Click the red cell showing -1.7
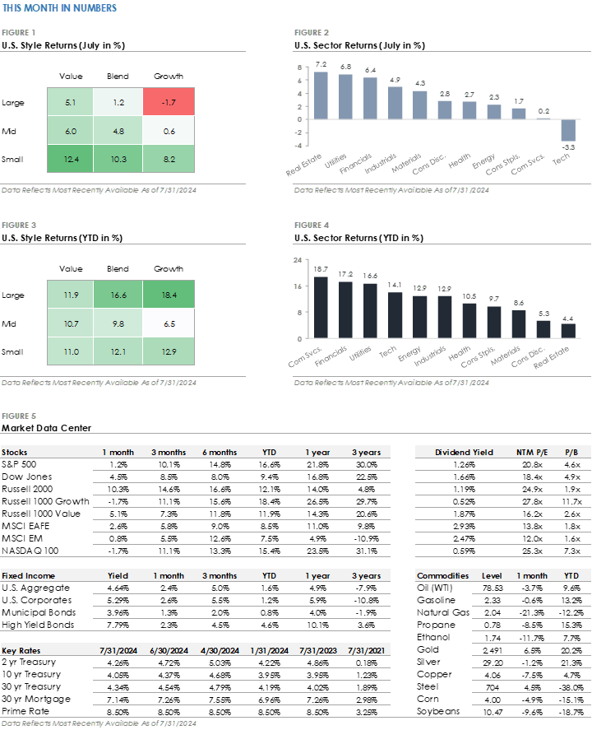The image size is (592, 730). pos(169,103)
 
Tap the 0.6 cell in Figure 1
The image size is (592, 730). pos(169,130)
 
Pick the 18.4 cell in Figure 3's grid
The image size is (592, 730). pos(169,295)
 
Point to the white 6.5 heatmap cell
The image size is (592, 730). pos(169,323)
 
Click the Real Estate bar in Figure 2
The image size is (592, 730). pos(321,95)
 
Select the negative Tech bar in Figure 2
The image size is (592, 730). pos(568,130)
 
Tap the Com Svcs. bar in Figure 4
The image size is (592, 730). pos(321,307)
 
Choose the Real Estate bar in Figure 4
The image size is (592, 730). pos(568,330)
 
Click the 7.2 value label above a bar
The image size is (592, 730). pos(321,64)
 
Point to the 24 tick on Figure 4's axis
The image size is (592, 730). pos(297,260)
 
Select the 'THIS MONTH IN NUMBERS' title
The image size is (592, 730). pos(59,8)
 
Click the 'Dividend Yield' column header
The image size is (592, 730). pos(463,453)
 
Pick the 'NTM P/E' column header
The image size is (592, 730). pos(531,453)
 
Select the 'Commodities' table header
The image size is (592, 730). pos(442,576)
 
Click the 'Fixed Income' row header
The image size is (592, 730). pos(29,576)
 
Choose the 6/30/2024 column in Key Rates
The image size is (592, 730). pos(169,650)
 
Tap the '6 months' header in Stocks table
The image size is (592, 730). pos(220,453)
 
